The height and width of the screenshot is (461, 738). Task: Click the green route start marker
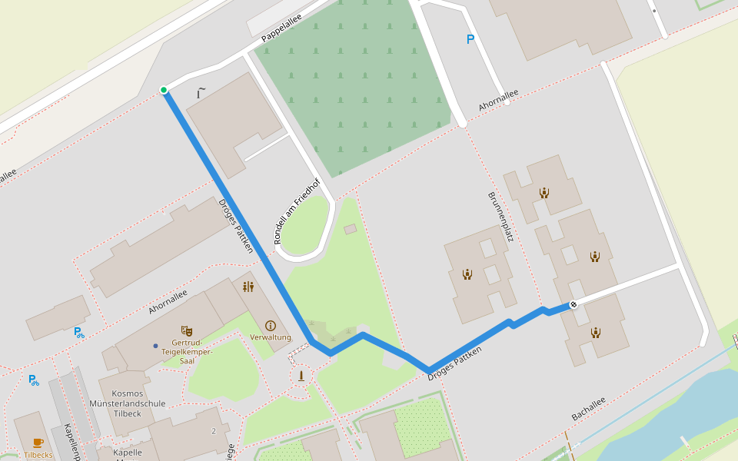(x=164, y=90)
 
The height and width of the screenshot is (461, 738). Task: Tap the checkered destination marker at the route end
(x=573, y=305)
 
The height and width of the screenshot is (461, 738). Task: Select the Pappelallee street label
(x=281, y=28)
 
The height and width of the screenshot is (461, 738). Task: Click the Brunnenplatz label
(x=500, y=217)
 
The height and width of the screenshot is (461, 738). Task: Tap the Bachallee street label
(x=588, y=409)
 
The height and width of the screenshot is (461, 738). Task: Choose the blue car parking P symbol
(x=470, y=39)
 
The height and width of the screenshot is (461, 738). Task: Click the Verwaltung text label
(x=271, y=337)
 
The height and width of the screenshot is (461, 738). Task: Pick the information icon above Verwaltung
(x=270, y=326)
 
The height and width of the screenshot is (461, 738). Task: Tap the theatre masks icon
(x=186, y=330)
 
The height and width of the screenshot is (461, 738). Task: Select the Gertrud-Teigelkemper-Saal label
(x=187, y=351)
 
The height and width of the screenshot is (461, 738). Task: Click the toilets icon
(x=248, y=287)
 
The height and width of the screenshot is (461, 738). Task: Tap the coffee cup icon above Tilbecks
(x=38, y=443)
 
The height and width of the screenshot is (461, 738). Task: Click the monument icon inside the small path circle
(x=301, y=376)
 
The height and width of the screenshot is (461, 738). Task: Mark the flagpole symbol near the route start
(x=201, y=93)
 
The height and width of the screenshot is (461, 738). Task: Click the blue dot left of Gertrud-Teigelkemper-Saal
(x=155, y=346)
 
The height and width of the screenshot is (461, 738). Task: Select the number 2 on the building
(x=214, y=431)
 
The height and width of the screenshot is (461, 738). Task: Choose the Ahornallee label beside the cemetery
(x=498, y=100)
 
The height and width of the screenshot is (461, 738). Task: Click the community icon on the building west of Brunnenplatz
(x=467, y=274)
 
